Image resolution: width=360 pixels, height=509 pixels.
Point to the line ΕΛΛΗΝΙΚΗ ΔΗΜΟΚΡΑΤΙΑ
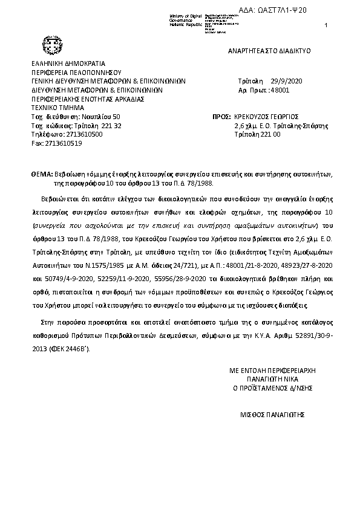point(68,62)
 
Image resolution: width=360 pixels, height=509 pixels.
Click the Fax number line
point(56,143)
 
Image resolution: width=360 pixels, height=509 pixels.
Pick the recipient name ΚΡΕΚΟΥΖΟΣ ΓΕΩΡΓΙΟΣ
point(267,117)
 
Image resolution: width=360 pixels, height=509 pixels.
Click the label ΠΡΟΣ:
point(222,117)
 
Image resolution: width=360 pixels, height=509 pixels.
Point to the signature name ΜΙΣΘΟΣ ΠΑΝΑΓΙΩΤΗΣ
point(272,415)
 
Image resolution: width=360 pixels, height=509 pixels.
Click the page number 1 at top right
point(326,25)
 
